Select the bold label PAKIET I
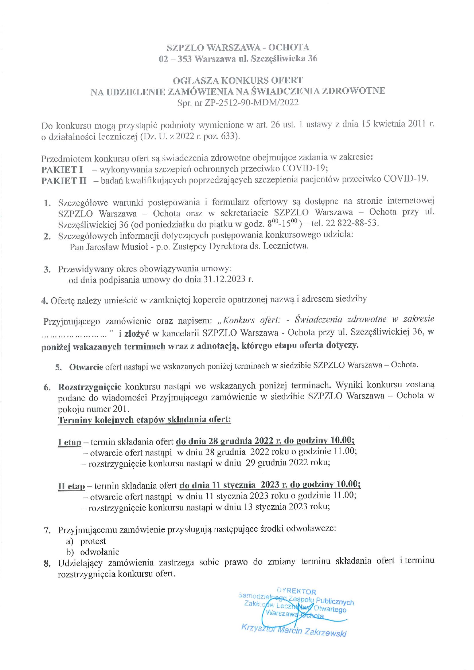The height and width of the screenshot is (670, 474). tap(62, 170)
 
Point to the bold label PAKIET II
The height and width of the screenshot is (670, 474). tap(64, 181)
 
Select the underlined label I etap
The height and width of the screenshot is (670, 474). tap(69, 442)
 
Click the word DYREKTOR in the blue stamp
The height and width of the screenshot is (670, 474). tap(296, 592)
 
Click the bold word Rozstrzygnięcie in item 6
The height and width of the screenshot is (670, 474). tap(89, 387)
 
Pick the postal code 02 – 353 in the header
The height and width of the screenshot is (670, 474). tap(175, 59)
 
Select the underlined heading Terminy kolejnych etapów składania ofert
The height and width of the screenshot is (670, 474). tap(144, 420)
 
